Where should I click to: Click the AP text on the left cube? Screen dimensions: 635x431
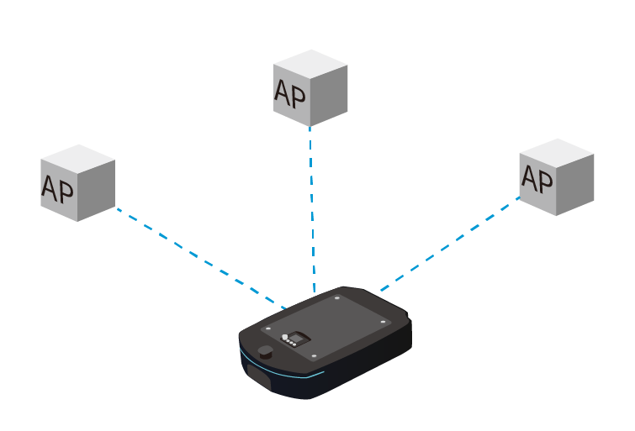[x=57, y=188]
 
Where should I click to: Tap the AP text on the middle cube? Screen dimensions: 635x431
[x=289, y=93]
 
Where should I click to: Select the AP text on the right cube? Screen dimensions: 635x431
[x=537, y=178]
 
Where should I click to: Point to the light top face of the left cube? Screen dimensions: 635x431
[x=78, y=159]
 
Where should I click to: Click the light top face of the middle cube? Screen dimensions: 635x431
[x=310, y=65]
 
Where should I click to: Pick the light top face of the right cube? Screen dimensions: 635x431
[x=557, y=154]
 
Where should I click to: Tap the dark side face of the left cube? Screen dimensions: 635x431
[x=97, y=191]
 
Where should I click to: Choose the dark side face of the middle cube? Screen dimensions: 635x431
[x=329, y=96]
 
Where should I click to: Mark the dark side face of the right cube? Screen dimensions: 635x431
[x=575, y=185]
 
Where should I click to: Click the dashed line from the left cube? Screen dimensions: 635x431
[x=201, y=259]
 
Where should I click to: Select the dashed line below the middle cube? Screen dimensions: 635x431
[x=312, y=209]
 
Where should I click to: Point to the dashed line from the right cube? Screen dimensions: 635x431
[x=450, y=244]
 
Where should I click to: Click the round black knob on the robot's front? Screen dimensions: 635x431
[x=265, y=351]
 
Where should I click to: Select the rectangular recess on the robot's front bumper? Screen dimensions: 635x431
[x=259, y=376]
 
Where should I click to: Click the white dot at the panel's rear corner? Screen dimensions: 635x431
[x=337, y=298]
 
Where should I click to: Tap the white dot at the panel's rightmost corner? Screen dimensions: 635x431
[x=383, y=322]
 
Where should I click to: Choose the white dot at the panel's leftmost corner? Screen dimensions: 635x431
[x=267, y=329]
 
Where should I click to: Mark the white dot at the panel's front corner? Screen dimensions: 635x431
[x=314, y=356]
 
